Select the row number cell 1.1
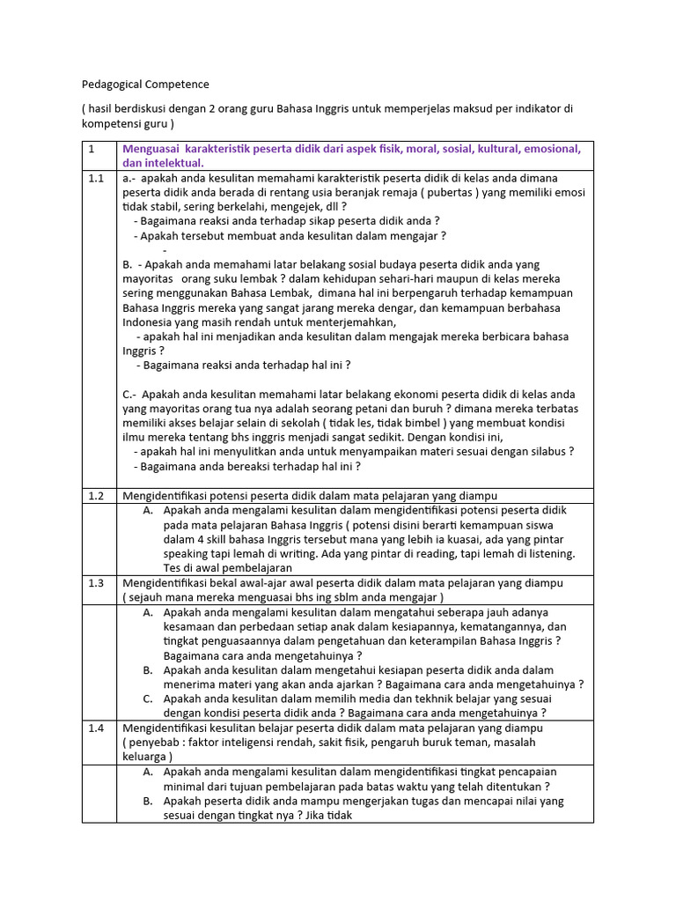point(96,178)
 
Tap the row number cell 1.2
point(96,496)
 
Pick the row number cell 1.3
point(96,583)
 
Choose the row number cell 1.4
point(96,728)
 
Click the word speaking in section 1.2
point(186,553)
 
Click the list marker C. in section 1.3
point(148,699)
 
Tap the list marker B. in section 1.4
point(148,801)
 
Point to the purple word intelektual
point(176,163)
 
